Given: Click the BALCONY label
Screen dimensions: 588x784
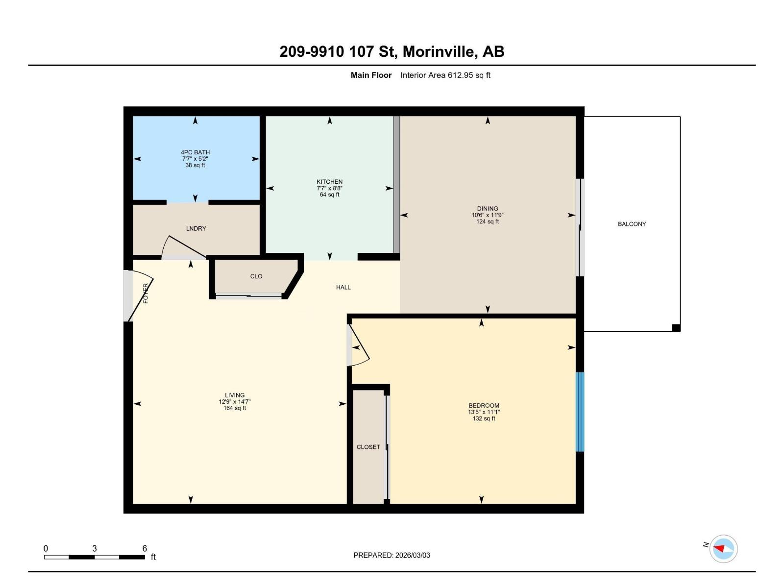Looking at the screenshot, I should tap(632, 224).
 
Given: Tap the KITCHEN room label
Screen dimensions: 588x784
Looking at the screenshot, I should tap(329, 182).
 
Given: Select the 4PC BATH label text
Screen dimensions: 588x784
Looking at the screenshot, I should tap(195, 152).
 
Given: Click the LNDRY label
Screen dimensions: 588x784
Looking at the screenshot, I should tap(196, 228).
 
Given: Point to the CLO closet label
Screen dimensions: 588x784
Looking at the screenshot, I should tap(256, 276).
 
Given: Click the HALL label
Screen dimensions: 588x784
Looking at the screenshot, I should tap(343, 287).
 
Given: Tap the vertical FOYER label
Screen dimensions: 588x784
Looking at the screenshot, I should tap(146, 293).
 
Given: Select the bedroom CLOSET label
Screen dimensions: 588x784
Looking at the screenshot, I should tap(368, 447).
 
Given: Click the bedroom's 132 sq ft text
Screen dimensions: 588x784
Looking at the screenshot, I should tap(484, 418).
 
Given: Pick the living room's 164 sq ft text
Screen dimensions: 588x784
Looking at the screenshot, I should tap(235, 408).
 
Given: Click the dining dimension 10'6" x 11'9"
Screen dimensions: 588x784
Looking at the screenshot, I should tap(488, 215).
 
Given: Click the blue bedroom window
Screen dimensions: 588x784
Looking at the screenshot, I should tap(580, 412).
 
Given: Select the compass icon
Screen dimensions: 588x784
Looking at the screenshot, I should tap(724, 548).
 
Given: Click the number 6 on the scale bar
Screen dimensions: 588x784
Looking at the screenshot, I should tap(145, 548).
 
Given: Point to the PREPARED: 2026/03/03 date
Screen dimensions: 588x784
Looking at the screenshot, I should tap(392, 555).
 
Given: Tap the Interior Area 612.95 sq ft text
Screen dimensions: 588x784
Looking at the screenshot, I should tap(445, 75).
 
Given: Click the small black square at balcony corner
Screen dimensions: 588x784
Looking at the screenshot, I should tap(676, 328).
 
